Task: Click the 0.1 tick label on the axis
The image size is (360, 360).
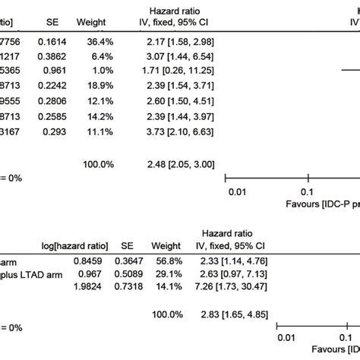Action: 306,192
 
